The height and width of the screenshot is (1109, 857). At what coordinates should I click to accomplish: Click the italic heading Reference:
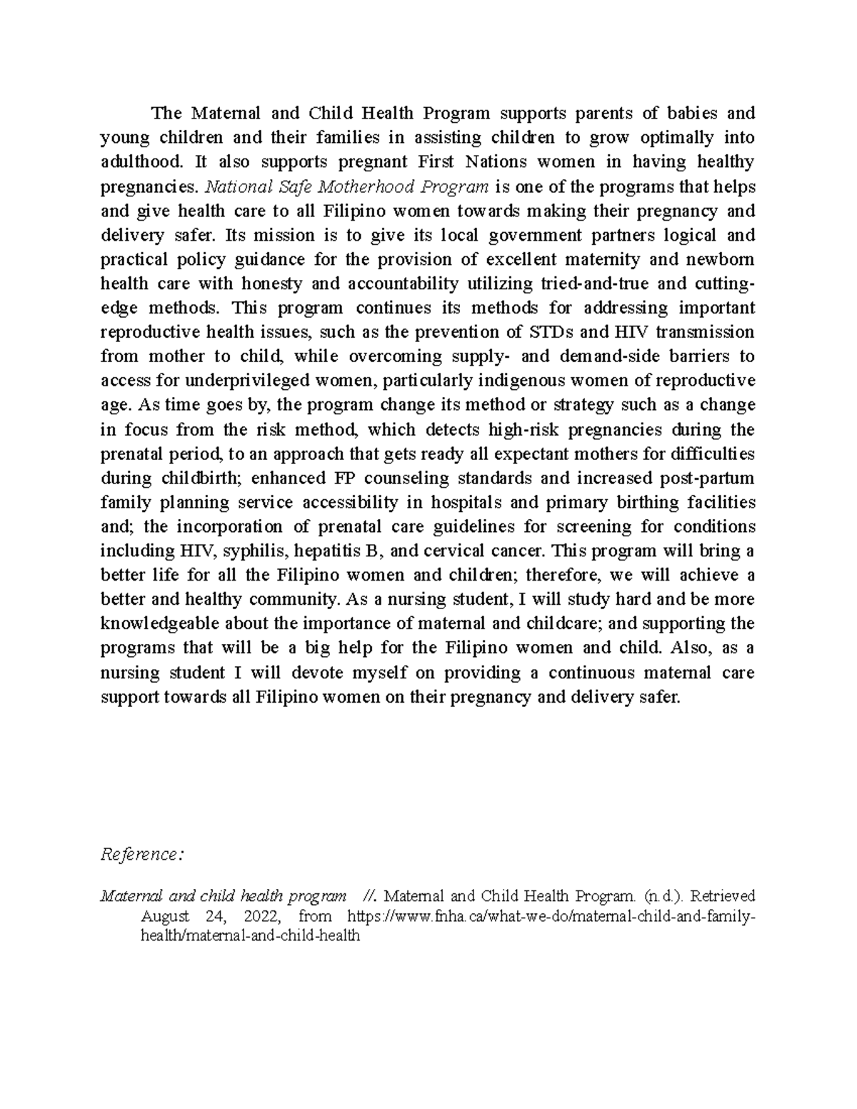pyautogui.click(x=142, y=854)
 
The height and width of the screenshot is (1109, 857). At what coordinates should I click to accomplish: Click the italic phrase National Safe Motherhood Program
pyautogui.click(x=347, y=187)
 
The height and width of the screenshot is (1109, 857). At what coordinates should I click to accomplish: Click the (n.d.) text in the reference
pyautogui.click(x=663, y=895)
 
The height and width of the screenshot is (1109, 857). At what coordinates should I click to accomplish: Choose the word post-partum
pyautogui.click(x=710, y=478)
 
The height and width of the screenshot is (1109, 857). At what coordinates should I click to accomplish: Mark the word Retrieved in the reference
pyautogui.click(x=723, y=895)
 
